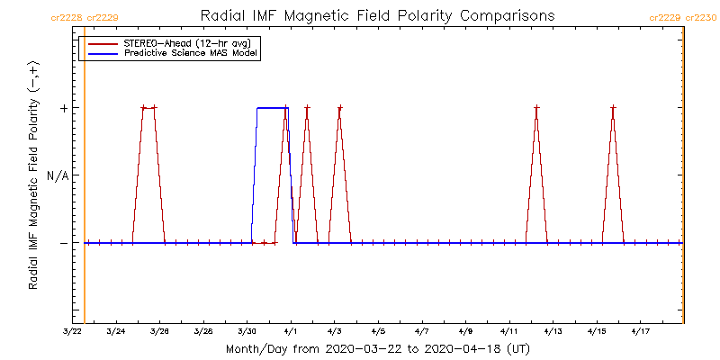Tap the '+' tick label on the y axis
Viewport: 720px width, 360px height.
[64, 108]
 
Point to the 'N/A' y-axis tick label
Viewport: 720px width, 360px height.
[58, 175]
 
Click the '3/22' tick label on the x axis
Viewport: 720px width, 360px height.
[73, 331]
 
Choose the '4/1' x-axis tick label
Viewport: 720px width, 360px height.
[291, 331]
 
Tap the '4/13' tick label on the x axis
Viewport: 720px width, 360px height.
[553, 331]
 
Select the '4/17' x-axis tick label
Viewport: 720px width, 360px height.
[640, 331]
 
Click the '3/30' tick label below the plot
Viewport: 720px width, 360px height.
[247, 331]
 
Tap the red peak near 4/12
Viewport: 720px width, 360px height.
[536, 108]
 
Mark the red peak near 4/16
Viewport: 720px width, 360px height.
[613, 108]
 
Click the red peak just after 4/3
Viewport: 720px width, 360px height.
[339, 108]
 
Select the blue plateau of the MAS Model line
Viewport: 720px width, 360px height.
[272, 108]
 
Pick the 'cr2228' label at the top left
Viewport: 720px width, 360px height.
[67, 17]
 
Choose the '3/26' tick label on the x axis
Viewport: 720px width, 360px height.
[160, 331]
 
